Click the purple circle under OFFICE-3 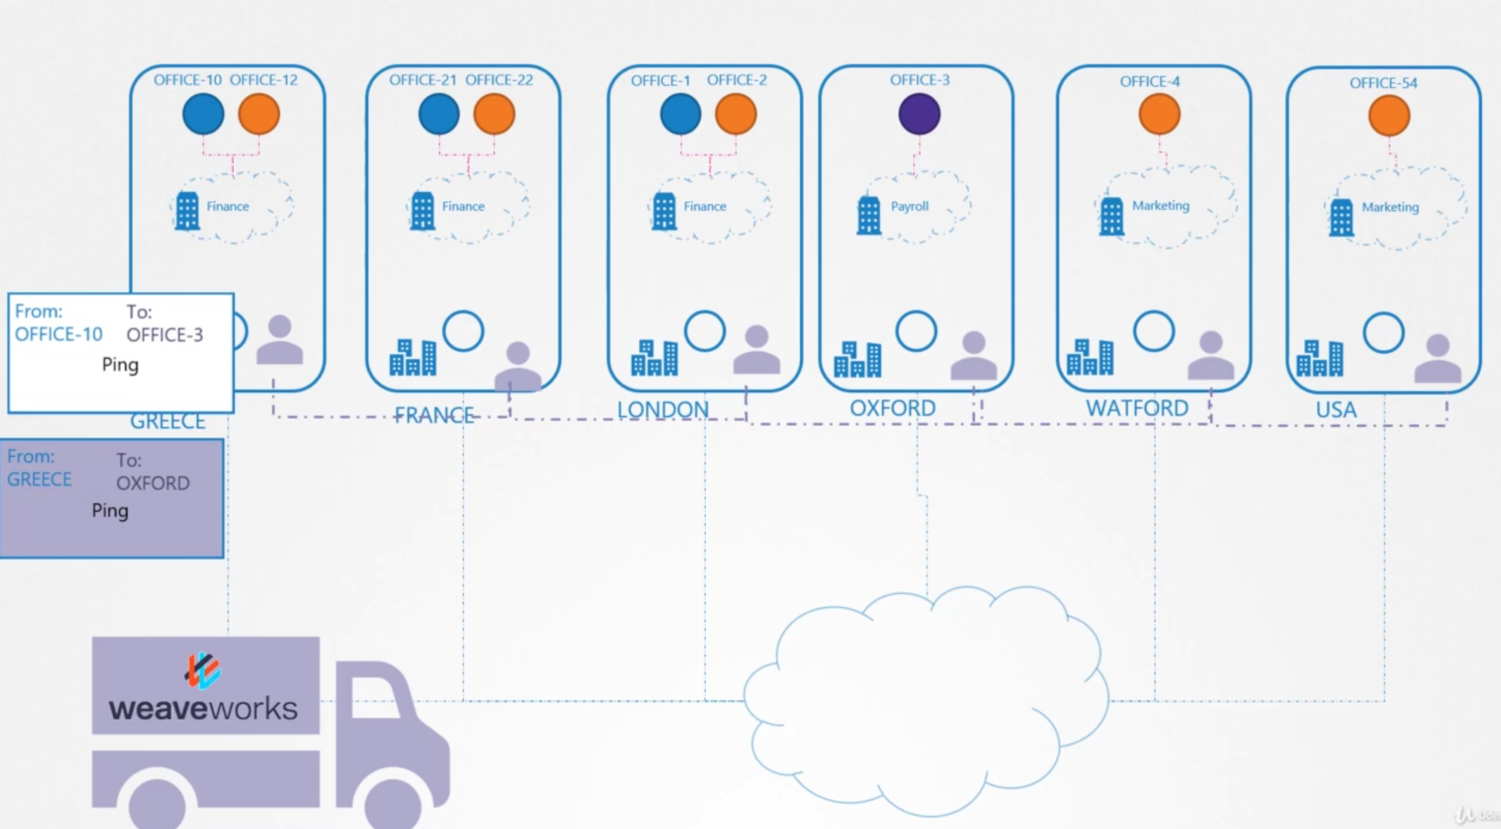click(x=919, y=114)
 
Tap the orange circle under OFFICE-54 click(x=1389, y=115)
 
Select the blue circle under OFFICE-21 click(x=439, y=114)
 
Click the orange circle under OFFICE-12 click(x=259, y=114)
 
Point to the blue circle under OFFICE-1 click(x=680, y=114)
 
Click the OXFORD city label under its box click(x=892, y=408)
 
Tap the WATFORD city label click(x=1137, y=408)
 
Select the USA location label click(x=1336, y=410)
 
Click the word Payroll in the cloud click(x=910, y=207)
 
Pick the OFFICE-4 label click(x=1149, y=82)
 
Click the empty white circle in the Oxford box click(x=916, y=331)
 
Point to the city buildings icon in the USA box click(x=1319, y=359)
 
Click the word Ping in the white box click(x=120, y=365)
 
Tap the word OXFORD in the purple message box click(x=153, y=483)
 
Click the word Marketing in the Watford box click(x=1160, y=205)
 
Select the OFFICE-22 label click(x=499, y=80)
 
